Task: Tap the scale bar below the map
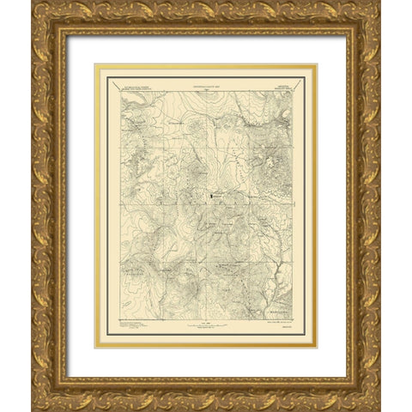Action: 206,328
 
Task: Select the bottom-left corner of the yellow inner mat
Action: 95,348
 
